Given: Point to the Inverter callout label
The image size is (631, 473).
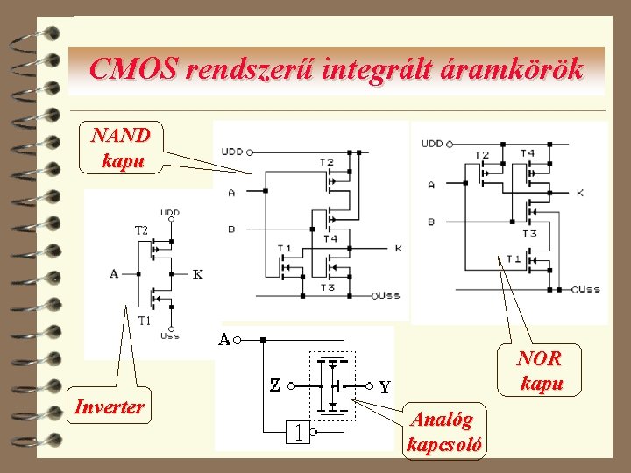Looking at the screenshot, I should (x=110, y=406).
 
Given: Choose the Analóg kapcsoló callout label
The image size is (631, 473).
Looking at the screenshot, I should (x=443, y=433).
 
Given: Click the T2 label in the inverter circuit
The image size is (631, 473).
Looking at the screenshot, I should (x=141, y=229).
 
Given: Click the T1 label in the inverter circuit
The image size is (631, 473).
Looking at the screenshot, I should (x=145, y=321).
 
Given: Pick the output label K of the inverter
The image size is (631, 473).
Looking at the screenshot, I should (x=198, y=274).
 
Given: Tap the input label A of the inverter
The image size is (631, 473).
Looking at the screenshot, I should (x=114, y=274).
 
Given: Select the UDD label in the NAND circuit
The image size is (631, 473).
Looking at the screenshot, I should (x=232, y=151).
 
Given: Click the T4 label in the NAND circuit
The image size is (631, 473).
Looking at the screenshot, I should (x=330, y=238).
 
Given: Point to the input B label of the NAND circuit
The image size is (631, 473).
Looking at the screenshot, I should (x=231, y=229).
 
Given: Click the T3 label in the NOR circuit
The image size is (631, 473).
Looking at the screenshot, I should (x=529, y=233).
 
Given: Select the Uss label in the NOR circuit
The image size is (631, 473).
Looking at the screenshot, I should (x=589, y=288).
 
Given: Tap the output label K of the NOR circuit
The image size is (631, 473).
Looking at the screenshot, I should (x=580, y=192).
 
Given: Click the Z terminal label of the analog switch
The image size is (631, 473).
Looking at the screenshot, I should (x=275, y=385).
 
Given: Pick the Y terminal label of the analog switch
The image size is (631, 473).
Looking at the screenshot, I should (x=385, y=385).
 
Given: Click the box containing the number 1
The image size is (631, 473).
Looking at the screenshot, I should (x=299, y=431).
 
